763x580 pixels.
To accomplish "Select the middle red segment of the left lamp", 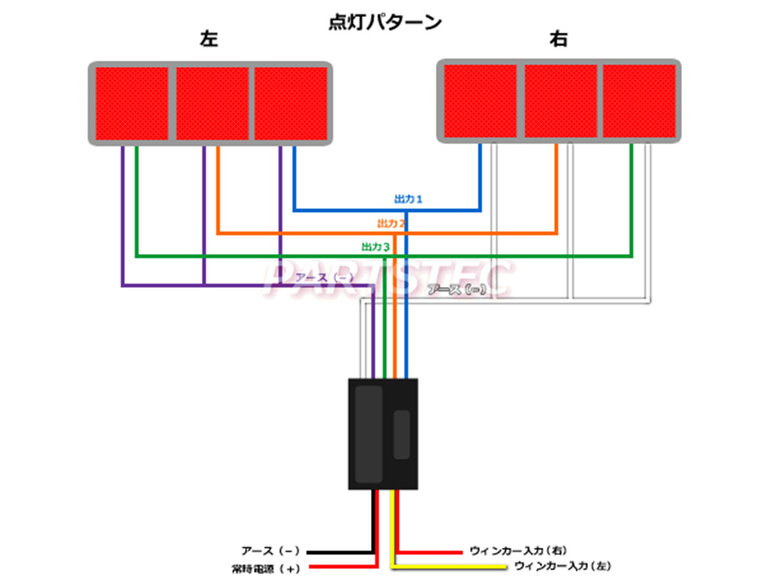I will coord(212,103).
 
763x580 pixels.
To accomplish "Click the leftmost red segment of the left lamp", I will coord(132,103).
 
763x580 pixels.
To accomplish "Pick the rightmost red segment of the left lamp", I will coord(291,103).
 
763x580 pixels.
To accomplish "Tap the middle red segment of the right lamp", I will coord(560,100).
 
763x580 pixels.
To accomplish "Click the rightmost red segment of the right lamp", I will coord(639,100).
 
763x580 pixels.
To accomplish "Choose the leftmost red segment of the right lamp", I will coord(480,100).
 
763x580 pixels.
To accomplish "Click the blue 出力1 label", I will coord(409,200).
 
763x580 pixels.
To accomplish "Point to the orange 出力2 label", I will coord(391,223).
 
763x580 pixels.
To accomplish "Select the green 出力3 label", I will coord(375,246).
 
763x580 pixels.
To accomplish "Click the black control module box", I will coord(383,434).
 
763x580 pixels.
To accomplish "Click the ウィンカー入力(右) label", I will coord(518,550).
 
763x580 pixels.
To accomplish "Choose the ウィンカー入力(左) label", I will coord(562,565).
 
